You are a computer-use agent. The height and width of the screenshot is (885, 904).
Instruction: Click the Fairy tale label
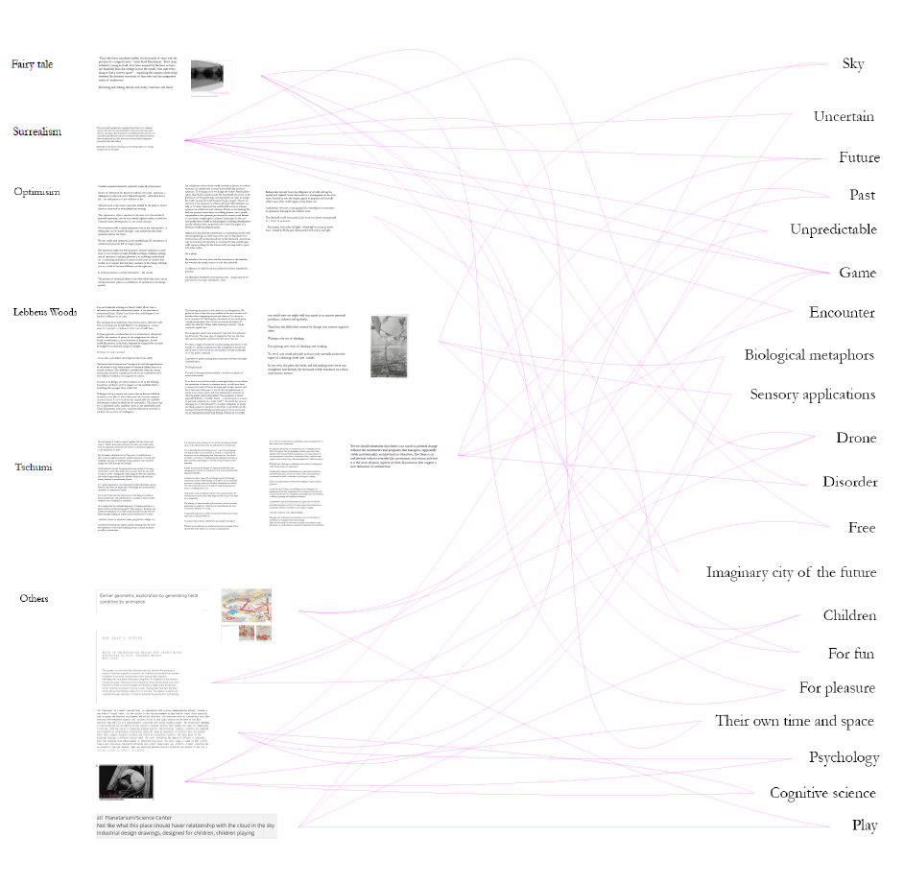(32, 64)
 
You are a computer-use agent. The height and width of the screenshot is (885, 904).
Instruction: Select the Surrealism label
(38, 130)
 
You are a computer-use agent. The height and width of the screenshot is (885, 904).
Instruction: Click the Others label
(34, 599)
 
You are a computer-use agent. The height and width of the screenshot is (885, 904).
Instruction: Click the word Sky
(852, 64)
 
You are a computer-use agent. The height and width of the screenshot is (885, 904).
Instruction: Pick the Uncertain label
(843, 116)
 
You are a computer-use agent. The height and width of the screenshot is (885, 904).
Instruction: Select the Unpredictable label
(833, 229)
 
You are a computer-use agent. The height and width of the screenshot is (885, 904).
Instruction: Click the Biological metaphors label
(822, 355)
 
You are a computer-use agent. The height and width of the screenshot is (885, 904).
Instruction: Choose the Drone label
(855, 438)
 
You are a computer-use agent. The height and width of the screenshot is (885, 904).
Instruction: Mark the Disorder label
(849, 482)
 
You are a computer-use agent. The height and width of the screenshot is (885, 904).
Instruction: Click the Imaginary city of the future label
(791, 572)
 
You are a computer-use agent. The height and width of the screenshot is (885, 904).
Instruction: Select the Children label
(849, 615)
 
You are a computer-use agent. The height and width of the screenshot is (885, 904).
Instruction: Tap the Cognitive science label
(822, 793)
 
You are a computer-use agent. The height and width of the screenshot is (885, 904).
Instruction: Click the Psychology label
(844, 757)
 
